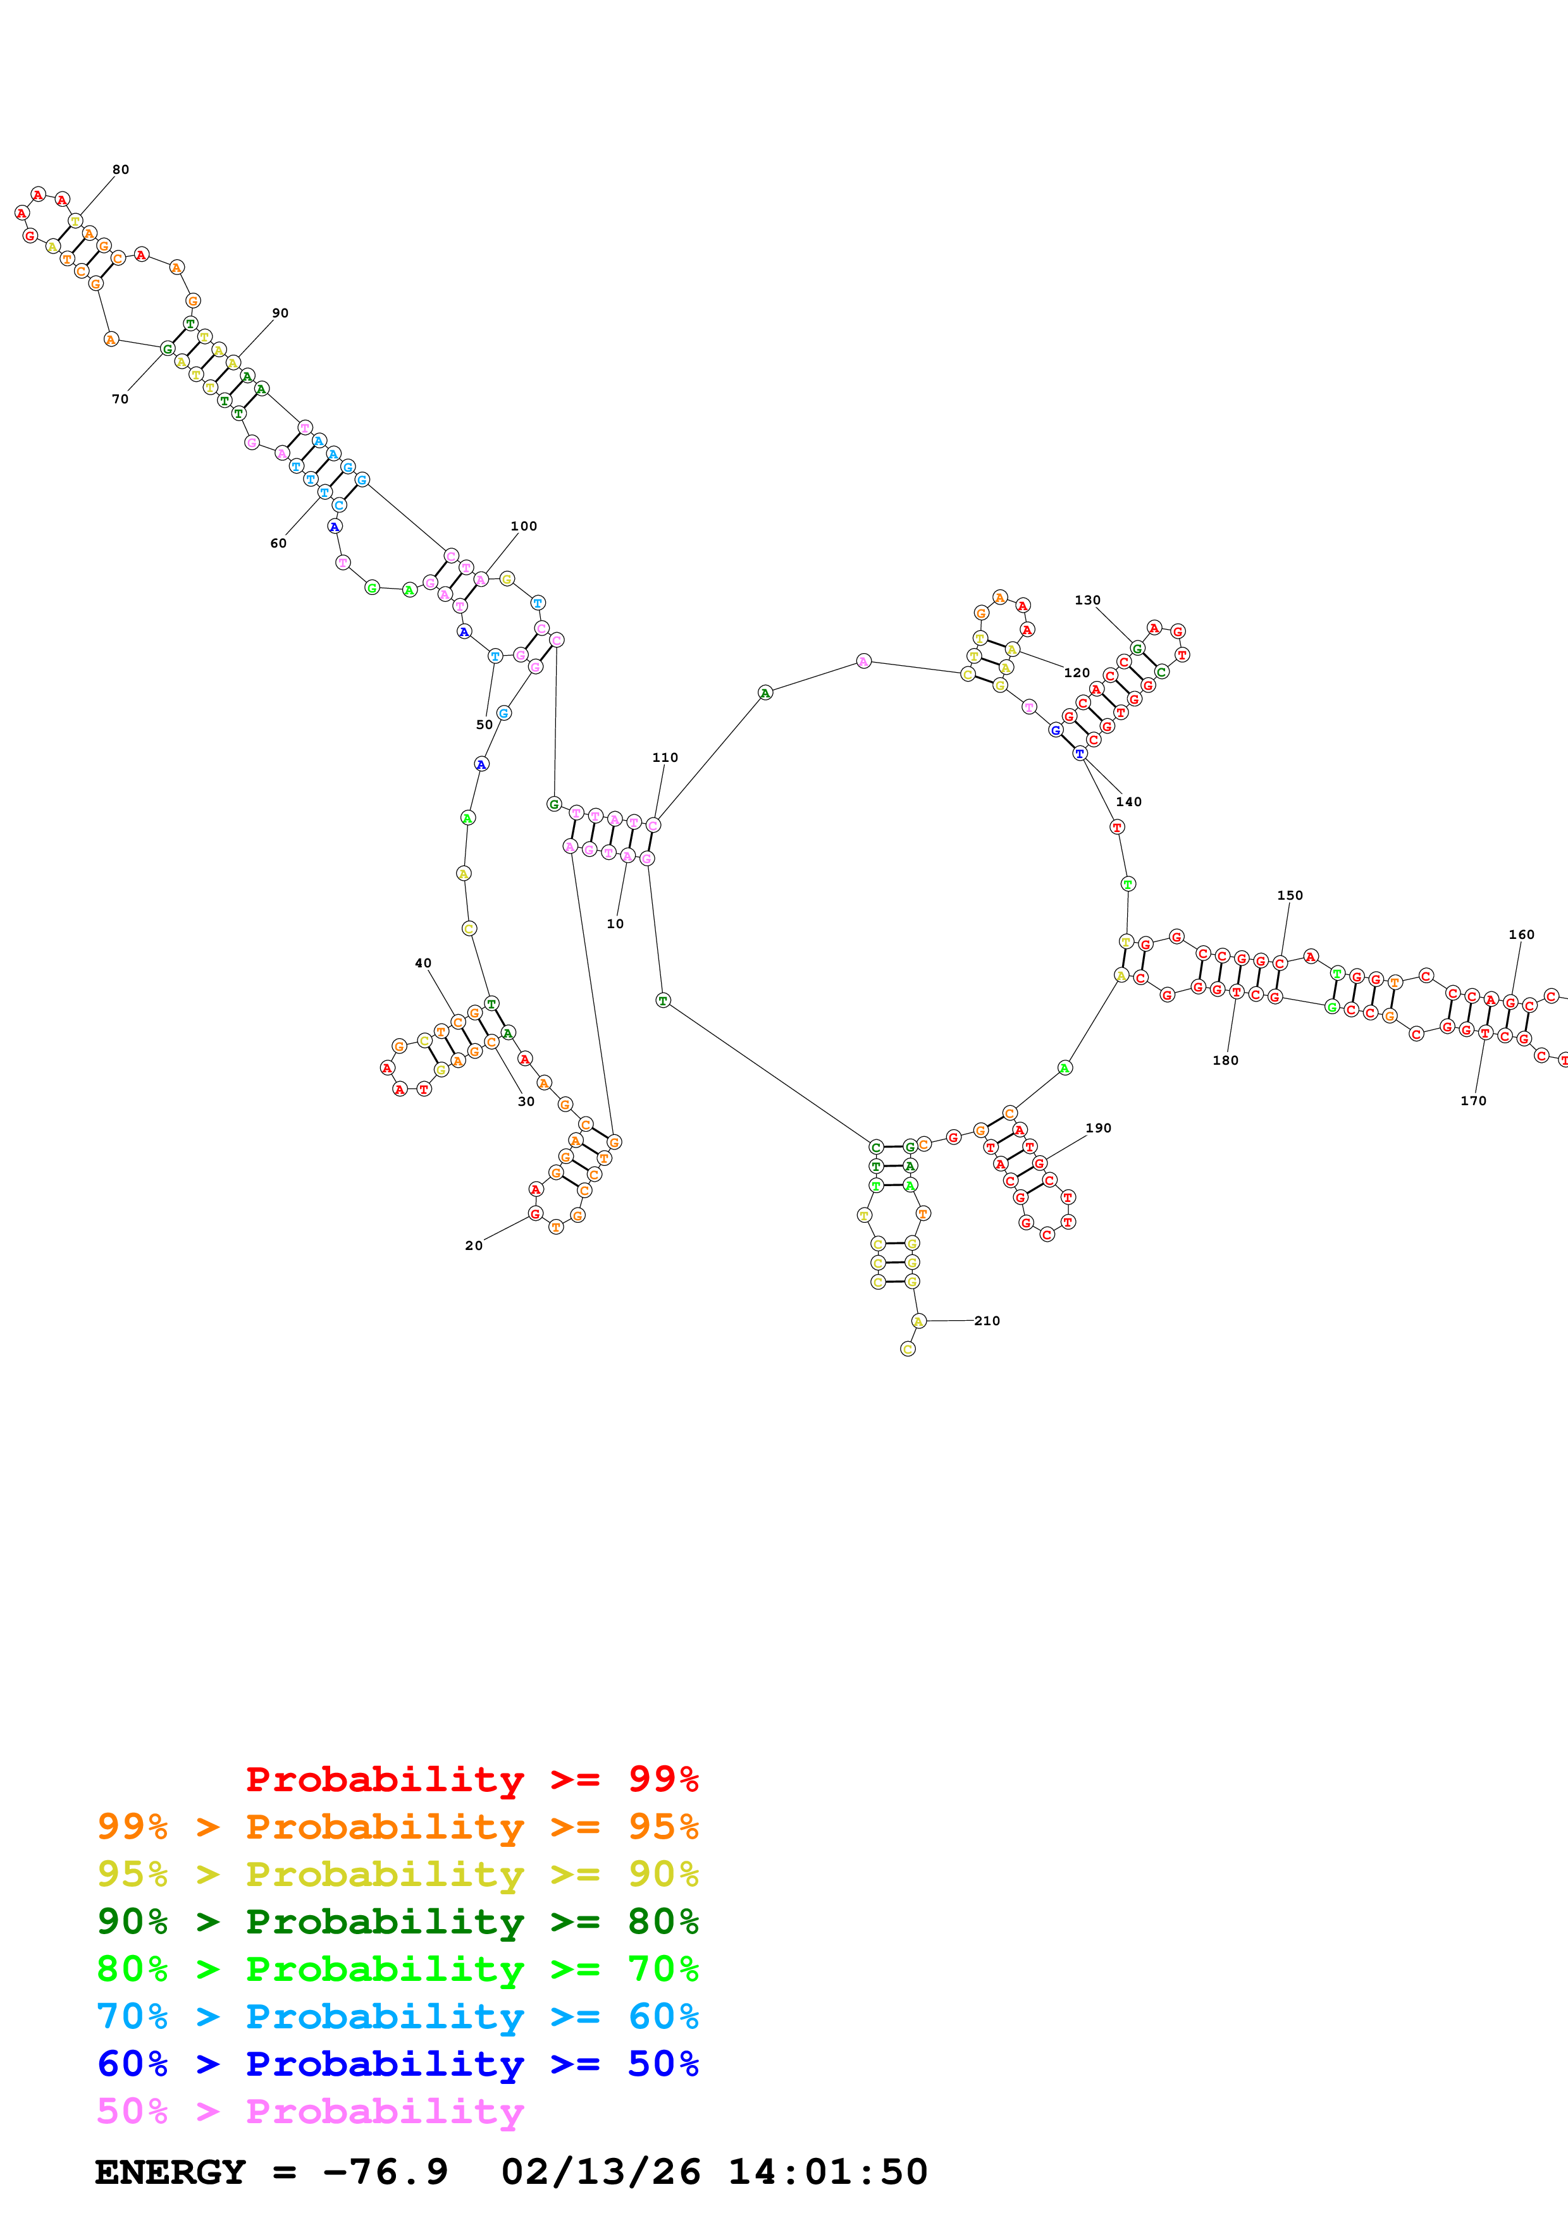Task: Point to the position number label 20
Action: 473,1245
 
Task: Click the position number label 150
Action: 1290,895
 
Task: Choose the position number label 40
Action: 423,963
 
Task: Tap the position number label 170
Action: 1473,1100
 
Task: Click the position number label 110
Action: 665,757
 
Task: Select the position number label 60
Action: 278,544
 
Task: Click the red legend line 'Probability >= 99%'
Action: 471,1779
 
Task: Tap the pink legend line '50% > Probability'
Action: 310,2112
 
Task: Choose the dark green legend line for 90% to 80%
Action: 397,1921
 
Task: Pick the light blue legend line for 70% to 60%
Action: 397,2016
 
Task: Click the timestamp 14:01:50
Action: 827,2172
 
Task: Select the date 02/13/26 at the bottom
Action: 600,2172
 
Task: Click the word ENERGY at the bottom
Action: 170,2172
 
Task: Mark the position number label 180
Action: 1225,1060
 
